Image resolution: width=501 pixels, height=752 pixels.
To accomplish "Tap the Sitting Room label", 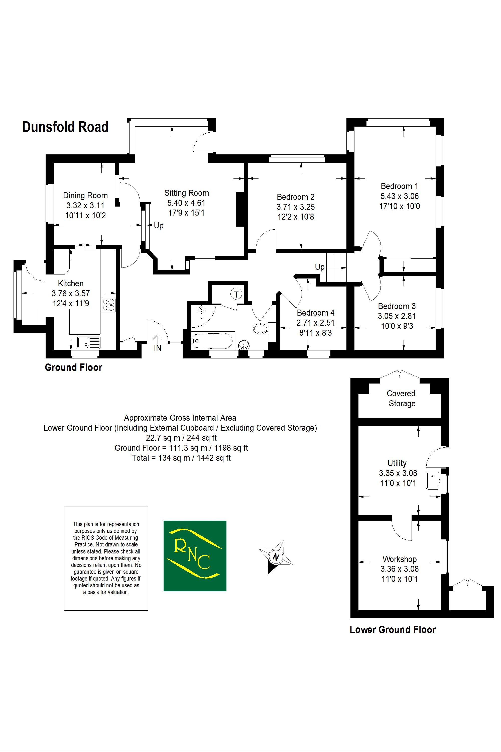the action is coord(187,193).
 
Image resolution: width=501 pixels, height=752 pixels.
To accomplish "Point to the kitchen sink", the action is coord(88,342).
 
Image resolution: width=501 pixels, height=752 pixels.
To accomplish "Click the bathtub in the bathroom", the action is coord(212,341).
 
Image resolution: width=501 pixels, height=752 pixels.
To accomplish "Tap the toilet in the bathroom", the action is coord(261,328).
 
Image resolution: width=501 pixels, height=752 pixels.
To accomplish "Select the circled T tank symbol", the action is coord(236,294).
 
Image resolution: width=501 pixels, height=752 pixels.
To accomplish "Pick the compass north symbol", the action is coord(275,557).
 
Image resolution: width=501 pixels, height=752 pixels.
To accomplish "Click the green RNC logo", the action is coord(195,556).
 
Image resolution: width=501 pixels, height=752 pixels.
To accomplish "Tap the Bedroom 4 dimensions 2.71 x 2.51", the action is coord(315,323).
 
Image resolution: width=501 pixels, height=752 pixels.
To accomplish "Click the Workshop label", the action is coord(399,559).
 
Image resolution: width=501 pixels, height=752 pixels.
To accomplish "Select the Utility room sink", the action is coord(433,481).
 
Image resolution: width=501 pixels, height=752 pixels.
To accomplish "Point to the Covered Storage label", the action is coord(401,398).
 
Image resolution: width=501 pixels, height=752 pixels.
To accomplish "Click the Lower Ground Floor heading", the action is coord(393,629).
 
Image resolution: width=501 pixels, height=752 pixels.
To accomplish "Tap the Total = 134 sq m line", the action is coord(181,458).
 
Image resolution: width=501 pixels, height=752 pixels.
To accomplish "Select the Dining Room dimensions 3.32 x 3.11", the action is coord(85,205).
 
